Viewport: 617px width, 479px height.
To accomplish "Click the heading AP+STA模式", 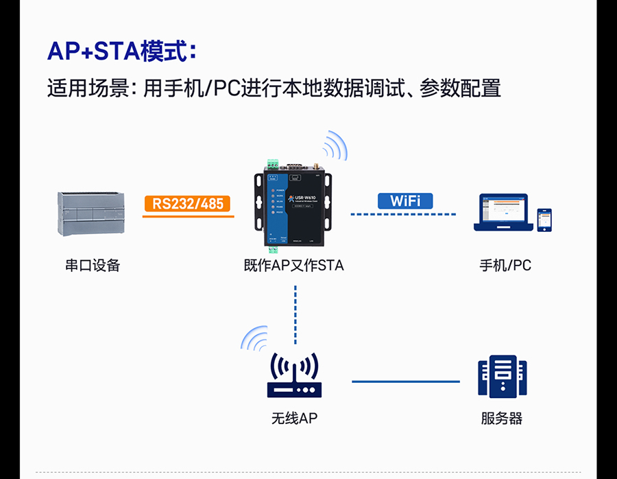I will click(x=122, y=52).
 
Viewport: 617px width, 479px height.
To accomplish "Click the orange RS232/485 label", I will click(x=188, y=203).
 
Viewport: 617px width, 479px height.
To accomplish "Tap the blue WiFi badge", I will click(x=405, y=200).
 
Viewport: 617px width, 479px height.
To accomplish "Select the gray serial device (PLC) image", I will click(x=91, y=214).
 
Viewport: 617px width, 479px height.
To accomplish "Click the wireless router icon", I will click(x=294, y=377).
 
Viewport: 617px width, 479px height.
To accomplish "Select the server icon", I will click(x=502, y=378).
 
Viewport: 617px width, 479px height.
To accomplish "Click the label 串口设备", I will click(x=92, y=266).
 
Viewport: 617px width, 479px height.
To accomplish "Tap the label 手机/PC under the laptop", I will click(x=505, y=266).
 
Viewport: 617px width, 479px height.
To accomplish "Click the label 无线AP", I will click(x=294, y=418).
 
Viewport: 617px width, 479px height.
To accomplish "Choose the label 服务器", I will click(x=502, y=418).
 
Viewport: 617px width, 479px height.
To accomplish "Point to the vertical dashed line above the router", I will click(x=295, y=312).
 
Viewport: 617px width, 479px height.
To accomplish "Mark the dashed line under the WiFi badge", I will click(x=404, y=215).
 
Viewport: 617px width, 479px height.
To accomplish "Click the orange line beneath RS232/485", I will click(x=188, y=216).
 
